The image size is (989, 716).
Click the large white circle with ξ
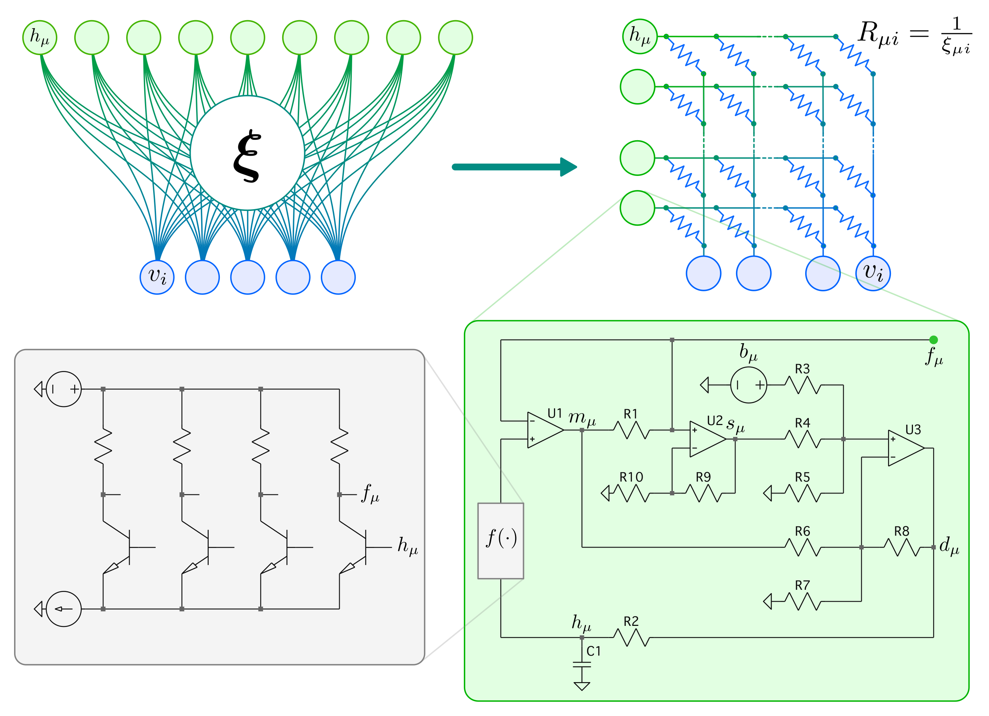(247, 153)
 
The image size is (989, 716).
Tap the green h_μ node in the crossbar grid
(639, 37)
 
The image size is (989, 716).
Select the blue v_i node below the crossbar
(873, 273)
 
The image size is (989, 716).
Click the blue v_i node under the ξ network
(157, 277)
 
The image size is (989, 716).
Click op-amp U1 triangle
(544, 430)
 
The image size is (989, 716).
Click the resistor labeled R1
(631, 430)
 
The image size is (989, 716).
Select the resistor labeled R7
(802, 602)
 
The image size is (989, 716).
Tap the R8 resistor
(902, 547)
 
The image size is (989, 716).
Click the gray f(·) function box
(501, 541)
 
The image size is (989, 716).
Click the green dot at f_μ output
(933, 340)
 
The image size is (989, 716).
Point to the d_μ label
(949, 546)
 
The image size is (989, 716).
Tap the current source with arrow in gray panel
(64, 609)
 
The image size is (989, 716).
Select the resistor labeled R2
(631, 637)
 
